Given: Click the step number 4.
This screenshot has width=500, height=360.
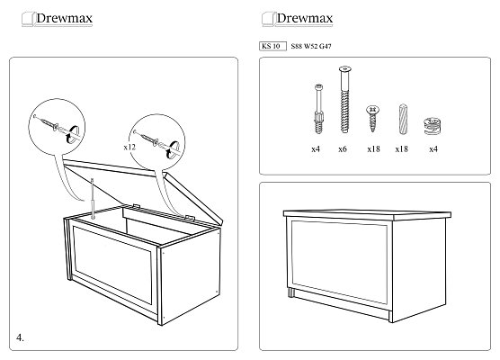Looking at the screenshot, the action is (20, 337).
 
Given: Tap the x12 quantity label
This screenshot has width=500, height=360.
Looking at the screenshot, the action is (129, 147).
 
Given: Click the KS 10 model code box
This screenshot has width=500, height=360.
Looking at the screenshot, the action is (272, 46).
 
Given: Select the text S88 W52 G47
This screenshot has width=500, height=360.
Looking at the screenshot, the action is (311, 46).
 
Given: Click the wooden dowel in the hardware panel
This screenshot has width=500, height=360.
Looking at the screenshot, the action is (404, 119).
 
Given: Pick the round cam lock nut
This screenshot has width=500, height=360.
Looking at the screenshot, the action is (433, 126).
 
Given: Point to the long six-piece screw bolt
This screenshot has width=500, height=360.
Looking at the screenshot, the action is (344, 99).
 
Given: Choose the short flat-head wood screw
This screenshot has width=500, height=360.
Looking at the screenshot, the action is (372, 118).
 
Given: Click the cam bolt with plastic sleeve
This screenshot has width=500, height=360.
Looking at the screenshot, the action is (318, 109).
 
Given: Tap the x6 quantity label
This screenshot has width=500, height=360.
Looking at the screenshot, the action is (343, 149).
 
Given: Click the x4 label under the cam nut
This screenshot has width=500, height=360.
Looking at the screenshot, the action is (433, 149).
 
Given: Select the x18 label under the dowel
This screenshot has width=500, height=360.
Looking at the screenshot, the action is (401, 149).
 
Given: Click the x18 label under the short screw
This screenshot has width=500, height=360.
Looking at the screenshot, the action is (373, 149).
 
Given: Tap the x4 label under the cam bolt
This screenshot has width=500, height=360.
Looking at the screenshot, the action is (316, 149).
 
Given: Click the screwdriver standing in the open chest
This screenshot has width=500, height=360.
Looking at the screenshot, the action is (93, 199).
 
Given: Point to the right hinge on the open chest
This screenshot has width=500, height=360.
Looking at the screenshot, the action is (190, 218).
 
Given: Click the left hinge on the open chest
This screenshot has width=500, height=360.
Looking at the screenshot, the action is (136, 206).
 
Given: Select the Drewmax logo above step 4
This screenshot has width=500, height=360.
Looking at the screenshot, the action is (57, 19).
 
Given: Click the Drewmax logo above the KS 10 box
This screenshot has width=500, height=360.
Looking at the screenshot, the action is (297, 19).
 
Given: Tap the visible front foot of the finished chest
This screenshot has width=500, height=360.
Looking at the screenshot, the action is (291, 293).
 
